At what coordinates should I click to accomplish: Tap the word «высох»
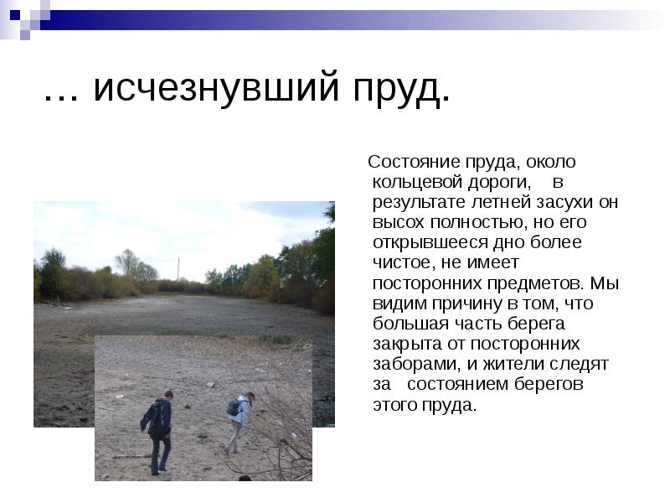pyautogui.click(x=399, y=222)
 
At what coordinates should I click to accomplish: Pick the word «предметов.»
pyautogui.click(x=541, y=283)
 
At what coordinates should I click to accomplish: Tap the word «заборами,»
pyautogui.click(x=414, y=365)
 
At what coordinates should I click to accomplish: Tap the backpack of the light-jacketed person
pyautogui.click(x=233, y=407)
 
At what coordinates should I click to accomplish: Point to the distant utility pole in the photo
pyautogui.click(x=178, y=268)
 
